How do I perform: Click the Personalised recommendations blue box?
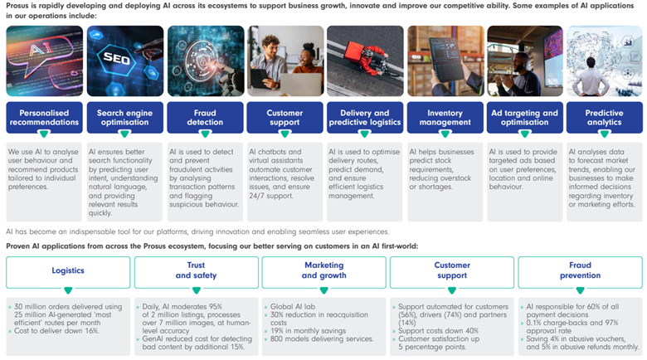point(44,118)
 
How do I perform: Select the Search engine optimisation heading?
point(124,118)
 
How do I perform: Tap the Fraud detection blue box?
point(205,118)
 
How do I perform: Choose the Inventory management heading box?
point(445,118)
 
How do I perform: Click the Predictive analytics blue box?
point(604,118)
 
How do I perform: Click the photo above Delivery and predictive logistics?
point(365,61)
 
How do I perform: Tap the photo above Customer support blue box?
point(285,61)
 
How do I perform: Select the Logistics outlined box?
point(68,271)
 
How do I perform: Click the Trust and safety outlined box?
point(196,271)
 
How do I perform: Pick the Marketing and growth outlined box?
point(323,271)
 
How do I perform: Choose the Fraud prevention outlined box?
point(579,271)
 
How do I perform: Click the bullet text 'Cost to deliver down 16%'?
point(58,330)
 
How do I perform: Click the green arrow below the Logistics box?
point(68,290)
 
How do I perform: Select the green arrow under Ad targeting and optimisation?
point(524,134)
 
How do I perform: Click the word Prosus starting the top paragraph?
point(18,6)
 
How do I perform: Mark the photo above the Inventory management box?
point(445,61)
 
